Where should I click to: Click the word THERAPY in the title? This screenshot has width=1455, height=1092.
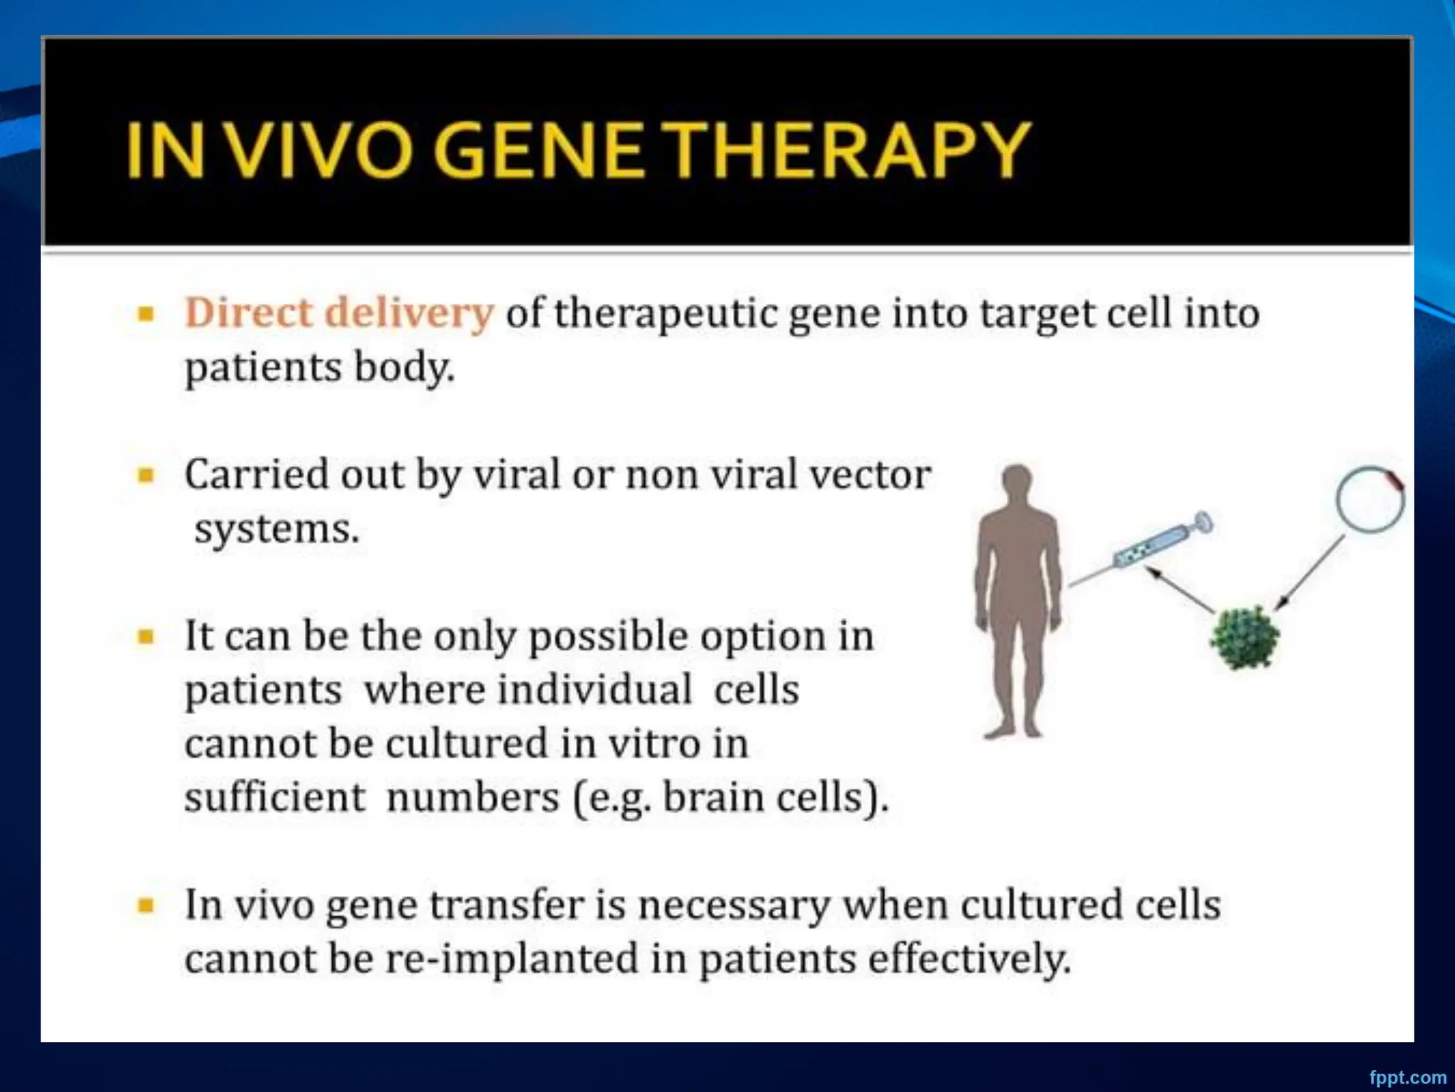click(849, 151)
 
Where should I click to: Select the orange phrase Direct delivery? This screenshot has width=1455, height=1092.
click(339, 313)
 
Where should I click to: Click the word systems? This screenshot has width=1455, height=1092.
click(276, 529)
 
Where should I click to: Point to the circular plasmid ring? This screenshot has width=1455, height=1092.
click(1369, 499)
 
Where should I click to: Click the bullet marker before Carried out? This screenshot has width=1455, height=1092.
click(146, 475)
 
